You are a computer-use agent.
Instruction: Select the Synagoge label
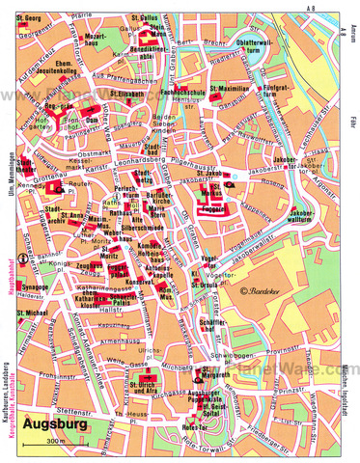[30, 286]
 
